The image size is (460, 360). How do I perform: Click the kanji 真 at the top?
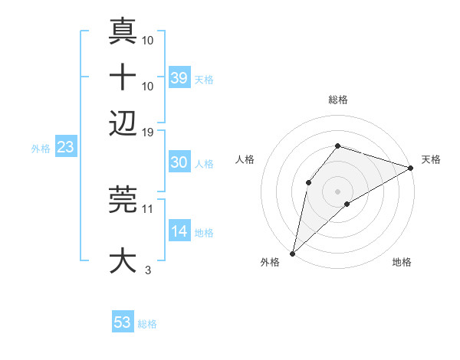pos(123,32)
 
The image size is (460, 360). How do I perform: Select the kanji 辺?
pos(123,123)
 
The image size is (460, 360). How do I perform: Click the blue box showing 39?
pos(179,77)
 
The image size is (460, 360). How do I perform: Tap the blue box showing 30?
pos(179,162)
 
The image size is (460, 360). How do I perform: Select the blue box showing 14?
pos(179,231)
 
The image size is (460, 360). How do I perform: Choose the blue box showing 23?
pos(65,147)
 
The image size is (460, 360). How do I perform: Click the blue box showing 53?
pos(123,322)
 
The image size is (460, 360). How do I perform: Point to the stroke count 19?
pos(148,132)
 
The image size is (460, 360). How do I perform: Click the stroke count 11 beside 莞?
pos(148,208)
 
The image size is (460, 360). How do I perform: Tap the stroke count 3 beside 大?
pos(148,269)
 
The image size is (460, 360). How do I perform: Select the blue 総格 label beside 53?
pos(147,324)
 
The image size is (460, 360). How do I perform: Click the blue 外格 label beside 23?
pos(41,149)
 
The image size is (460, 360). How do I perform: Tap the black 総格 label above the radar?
pos(337,100)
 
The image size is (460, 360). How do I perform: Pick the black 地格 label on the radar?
pos(402,263)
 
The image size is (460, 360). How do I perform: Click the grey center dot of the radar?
pos(337,191)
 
